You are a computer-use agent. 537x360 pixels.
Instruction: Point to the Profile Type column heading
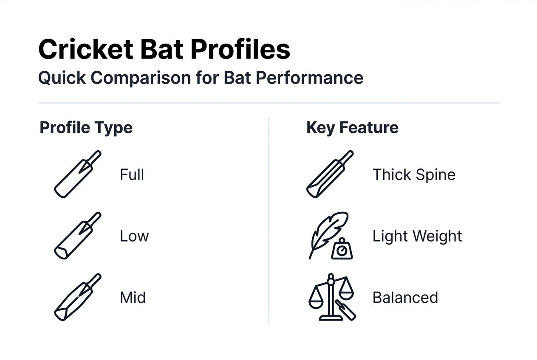(86, 128)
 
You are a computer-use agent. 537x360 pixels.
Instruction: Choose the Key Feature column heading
(352, 128)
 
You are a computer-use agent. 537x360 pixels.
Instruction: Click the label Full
(132, 175)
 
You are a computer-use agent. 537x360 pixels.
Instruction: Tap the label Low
(134, 236)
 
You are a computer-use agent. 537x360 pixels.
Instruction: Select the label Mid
(133, 298)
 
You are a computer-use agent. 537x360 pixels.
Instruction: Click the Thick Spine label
(414, 175)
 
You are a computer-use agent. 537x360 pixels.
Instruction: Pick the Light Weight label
(417, 236)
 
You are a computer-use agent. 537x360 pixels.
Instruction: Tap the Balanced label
(405, 298)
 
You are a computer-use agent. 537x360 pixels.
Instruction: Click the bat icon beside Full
(78, 174)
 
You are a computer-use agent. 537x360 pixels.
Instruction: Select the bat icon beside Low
(78, 236)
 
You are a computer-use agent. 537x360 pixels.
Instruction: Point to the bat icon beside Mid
(78, 297)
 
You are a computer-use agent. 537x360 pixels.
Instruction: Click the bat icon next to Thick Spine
(330, 174)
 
